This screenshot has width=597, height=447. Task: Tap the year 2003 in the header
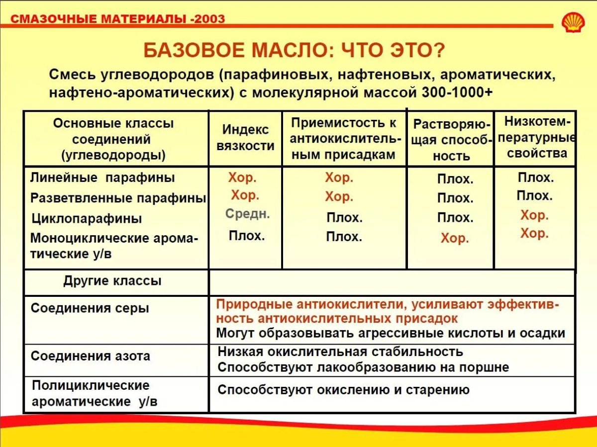211,19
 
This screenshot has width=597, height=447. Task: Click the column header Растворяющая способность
451,140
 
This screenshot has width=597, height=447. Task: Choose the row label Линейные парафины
102,178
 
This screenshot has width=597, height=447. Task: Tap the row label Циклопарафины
87,219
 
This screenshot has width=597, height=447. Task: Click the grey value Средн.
247,214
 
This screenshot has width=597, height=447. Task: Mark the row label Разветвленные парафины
118,198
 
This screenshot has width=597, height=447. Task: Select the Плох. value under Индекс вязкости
247,236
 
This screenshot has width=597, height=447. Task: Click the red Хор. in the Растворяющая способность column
455,239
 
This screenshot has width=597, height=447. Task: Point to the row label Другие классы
112,281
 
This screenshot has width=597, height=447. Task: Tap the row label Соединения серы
90,308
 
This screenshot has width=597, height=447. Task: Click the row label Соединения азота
90,357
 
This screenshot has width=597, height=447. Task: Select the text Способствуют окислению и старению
343,390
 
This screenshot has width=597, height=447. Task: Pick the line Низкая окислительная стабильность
340,352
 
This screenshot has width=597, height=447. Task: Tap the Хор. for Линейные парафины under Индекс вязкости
242,178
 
